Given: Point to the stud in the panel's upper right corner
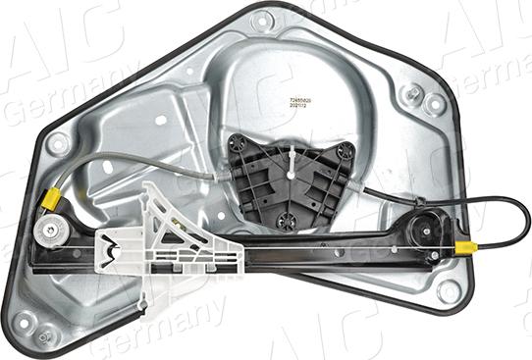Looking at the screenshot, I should click(415, 93).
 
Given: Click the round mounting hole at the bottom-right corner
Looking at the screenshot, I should click(449, 291).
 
